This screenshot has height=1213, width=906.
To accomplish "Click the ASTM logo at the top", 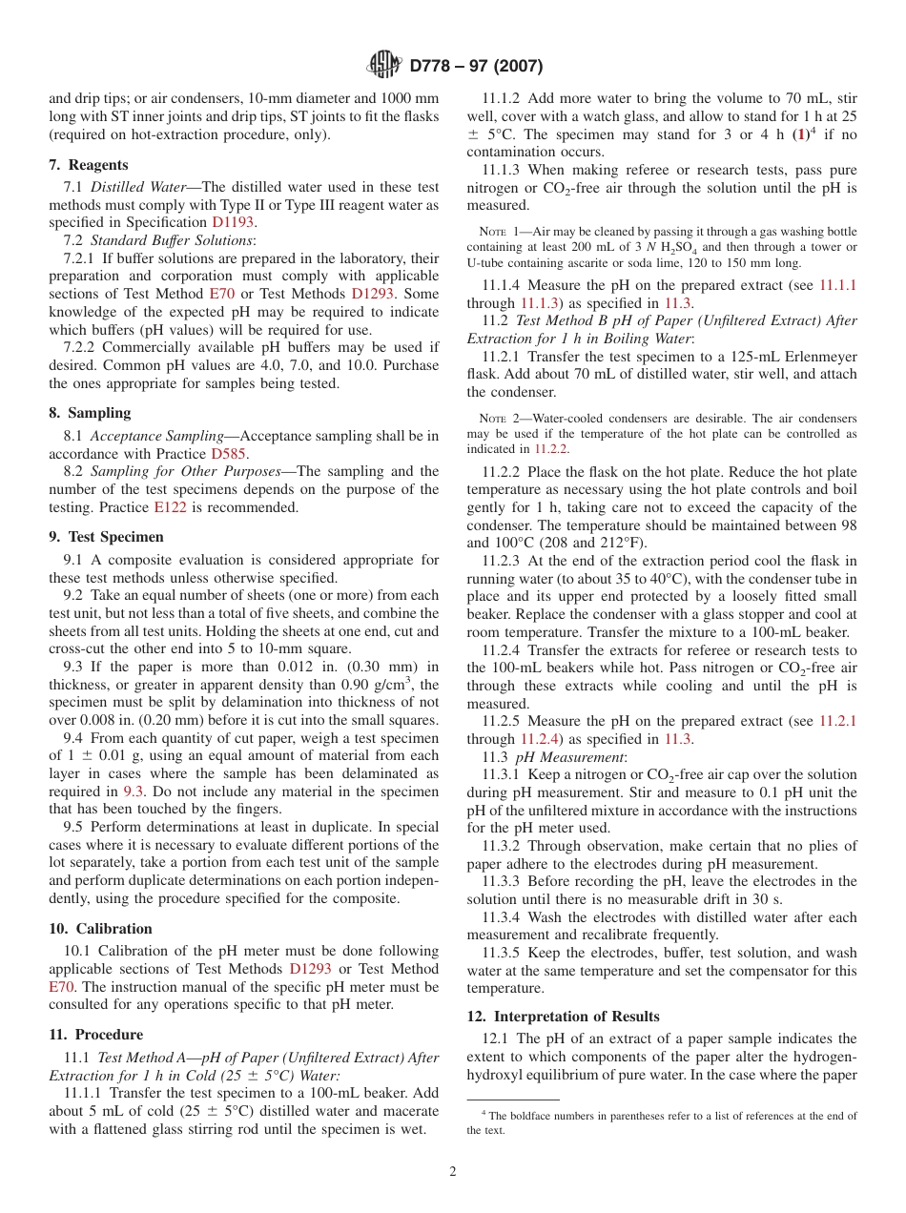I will click(384, 66).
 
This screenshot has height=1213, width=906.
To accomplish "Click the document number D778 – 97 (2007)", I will click(476, 66).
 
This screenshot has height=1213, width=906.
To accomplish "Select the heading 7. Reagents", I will click(89, 165).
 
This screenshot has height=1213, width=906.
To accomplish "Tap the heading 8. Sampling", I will click(90, 413).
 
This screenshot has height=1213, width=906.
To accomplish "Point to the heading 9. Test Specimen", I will click(106, 537).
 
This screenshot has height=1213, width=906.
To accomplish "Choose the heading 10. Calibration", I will click(100, 929).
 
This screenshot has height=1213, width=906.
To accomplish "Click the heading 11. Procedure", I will click(95, 1035).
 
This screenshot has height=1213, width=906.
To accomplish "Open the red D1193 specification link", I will click(233, 222).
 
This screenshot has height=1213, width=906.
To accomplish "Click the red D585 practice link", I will click(230, 454).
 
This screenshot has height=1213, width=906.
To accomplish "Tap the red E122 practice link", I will click(170, 508).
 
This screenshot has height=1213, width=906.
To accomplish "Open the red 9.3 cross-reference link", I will click(134, 792).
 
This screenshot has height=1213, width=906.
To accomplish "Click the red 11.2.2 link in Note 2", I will click(550, 448).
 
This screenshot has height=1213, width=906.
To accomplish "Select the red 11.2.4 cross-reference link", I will click(539, 739).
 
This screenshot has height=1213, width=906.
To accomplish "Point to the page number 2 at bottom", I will click(453, 1172).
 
